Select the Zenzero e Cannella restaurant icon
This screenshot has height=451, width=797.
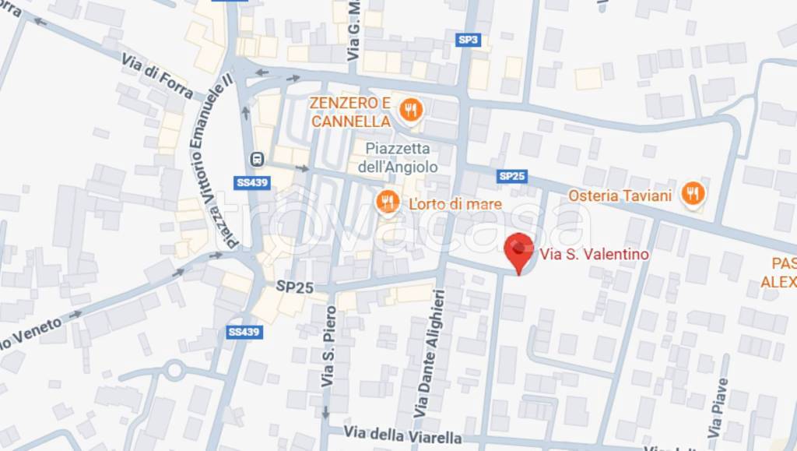410,111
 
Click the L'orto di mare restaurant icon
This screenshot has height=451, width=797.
387,203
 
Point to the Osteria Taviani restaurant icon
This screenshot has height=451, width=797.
692,193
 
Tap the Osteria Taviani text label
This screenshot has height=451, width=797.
620,196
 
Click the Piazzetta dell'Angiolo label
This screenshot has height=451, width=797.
398,157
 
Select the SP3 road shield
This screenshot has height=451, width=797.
467,40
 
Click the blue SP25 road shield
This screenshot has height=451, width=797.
512,176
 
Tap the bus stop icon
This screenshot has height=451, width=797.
256,160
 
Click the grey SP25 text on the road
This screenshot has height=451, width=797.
294,287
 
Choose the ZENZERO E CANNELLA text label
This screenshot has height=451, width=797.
350,112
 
